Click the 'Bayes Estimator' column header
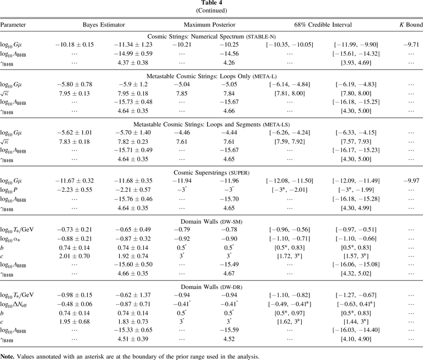pyautogui.click(x=104, y=25)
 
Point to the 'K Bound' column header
pyautogui.click(x=410, y=25)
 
